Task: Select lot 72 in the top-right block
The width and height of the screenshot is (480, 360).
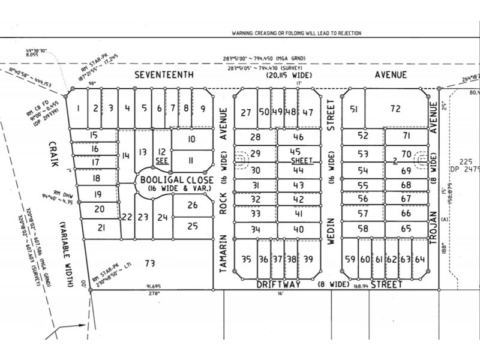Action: click(x=395, y=109)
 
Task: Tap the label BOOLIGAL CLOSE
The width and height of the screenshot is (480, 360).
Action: click(x=169, y=179)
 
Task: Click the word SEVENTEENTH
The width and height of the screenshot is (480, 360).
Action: click(x=164, y=75)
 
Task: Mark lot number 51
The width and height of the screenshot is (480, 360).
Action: click(x=354, y=109)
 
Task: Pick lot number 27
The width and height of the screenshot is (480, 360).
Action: click(x=245, y=112)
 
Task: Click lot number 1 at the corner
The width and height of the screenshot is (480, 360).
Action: click(x=79, y=109)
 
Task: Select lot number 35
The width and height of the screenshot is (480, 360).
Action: click(x=245, y=259)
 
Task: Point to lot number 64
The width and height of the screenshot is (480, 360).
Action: click(x=420, y=259)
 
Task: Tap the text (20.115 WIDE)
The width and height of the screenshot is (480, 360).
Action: click(x=284, y=76)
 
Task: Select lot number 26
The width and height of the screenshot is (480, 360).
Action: click(x=192, y=205)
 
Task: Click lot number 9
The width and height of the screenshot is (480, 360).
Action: click(x=203, y=109)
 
